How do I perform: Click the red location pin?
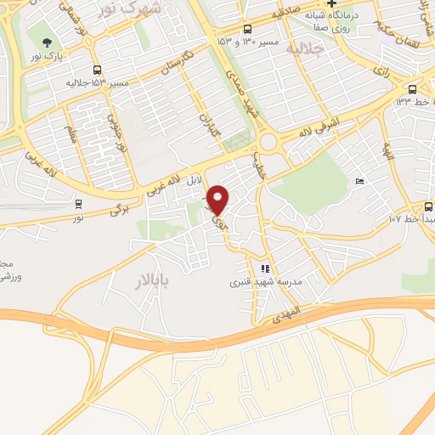click(x=218, y=199)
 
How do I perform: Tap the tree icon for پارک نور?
click(x=46, y=42)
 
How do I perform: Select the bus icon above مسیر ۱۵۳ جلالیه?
click(x=97, y=71)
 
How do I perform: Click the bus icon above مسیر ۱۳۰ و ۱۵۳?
click(x=246, y=27)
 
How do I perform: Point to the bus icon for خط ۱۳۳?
click(x=412, y=88)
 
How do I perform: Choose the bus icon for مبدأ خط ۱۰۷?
click(x=429, y=206)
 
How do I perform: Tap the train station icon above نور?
click(x=79, y=204)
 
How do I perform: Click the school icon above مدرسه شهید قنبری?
click(x=264, y=268)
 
